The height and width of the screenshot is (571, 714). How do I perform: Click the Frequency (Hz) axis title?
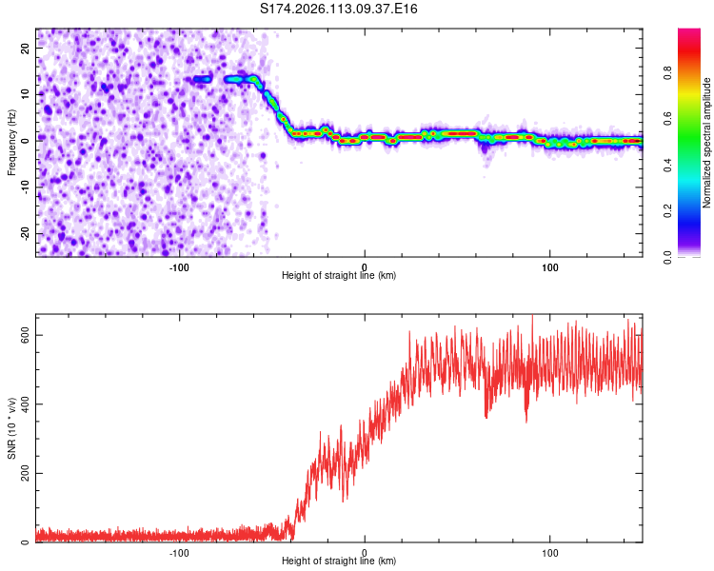click(x=11, y=143)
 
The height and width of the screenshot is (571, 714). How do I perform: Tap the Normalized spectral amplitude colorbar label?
click(x=706, y=143)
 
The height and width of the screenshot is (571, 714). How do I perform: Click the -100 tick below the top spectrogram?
click(x=179, y=266)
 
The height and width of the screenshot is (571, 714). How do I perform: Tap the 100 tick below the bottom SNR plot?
click(x=549, y=552)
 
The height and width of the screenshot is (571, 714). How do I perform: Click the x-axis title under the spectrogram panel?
click(x=339, y=276)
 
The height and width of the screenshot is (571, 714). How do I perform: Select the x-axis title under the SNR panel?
click(x=339, y=561)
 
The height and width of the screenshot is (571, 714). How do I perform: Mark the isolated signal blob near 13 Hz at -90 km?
click(x=202, y=79)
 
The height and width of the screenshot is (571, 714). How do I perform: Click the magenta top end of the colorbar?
click(x=688, y=33)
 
